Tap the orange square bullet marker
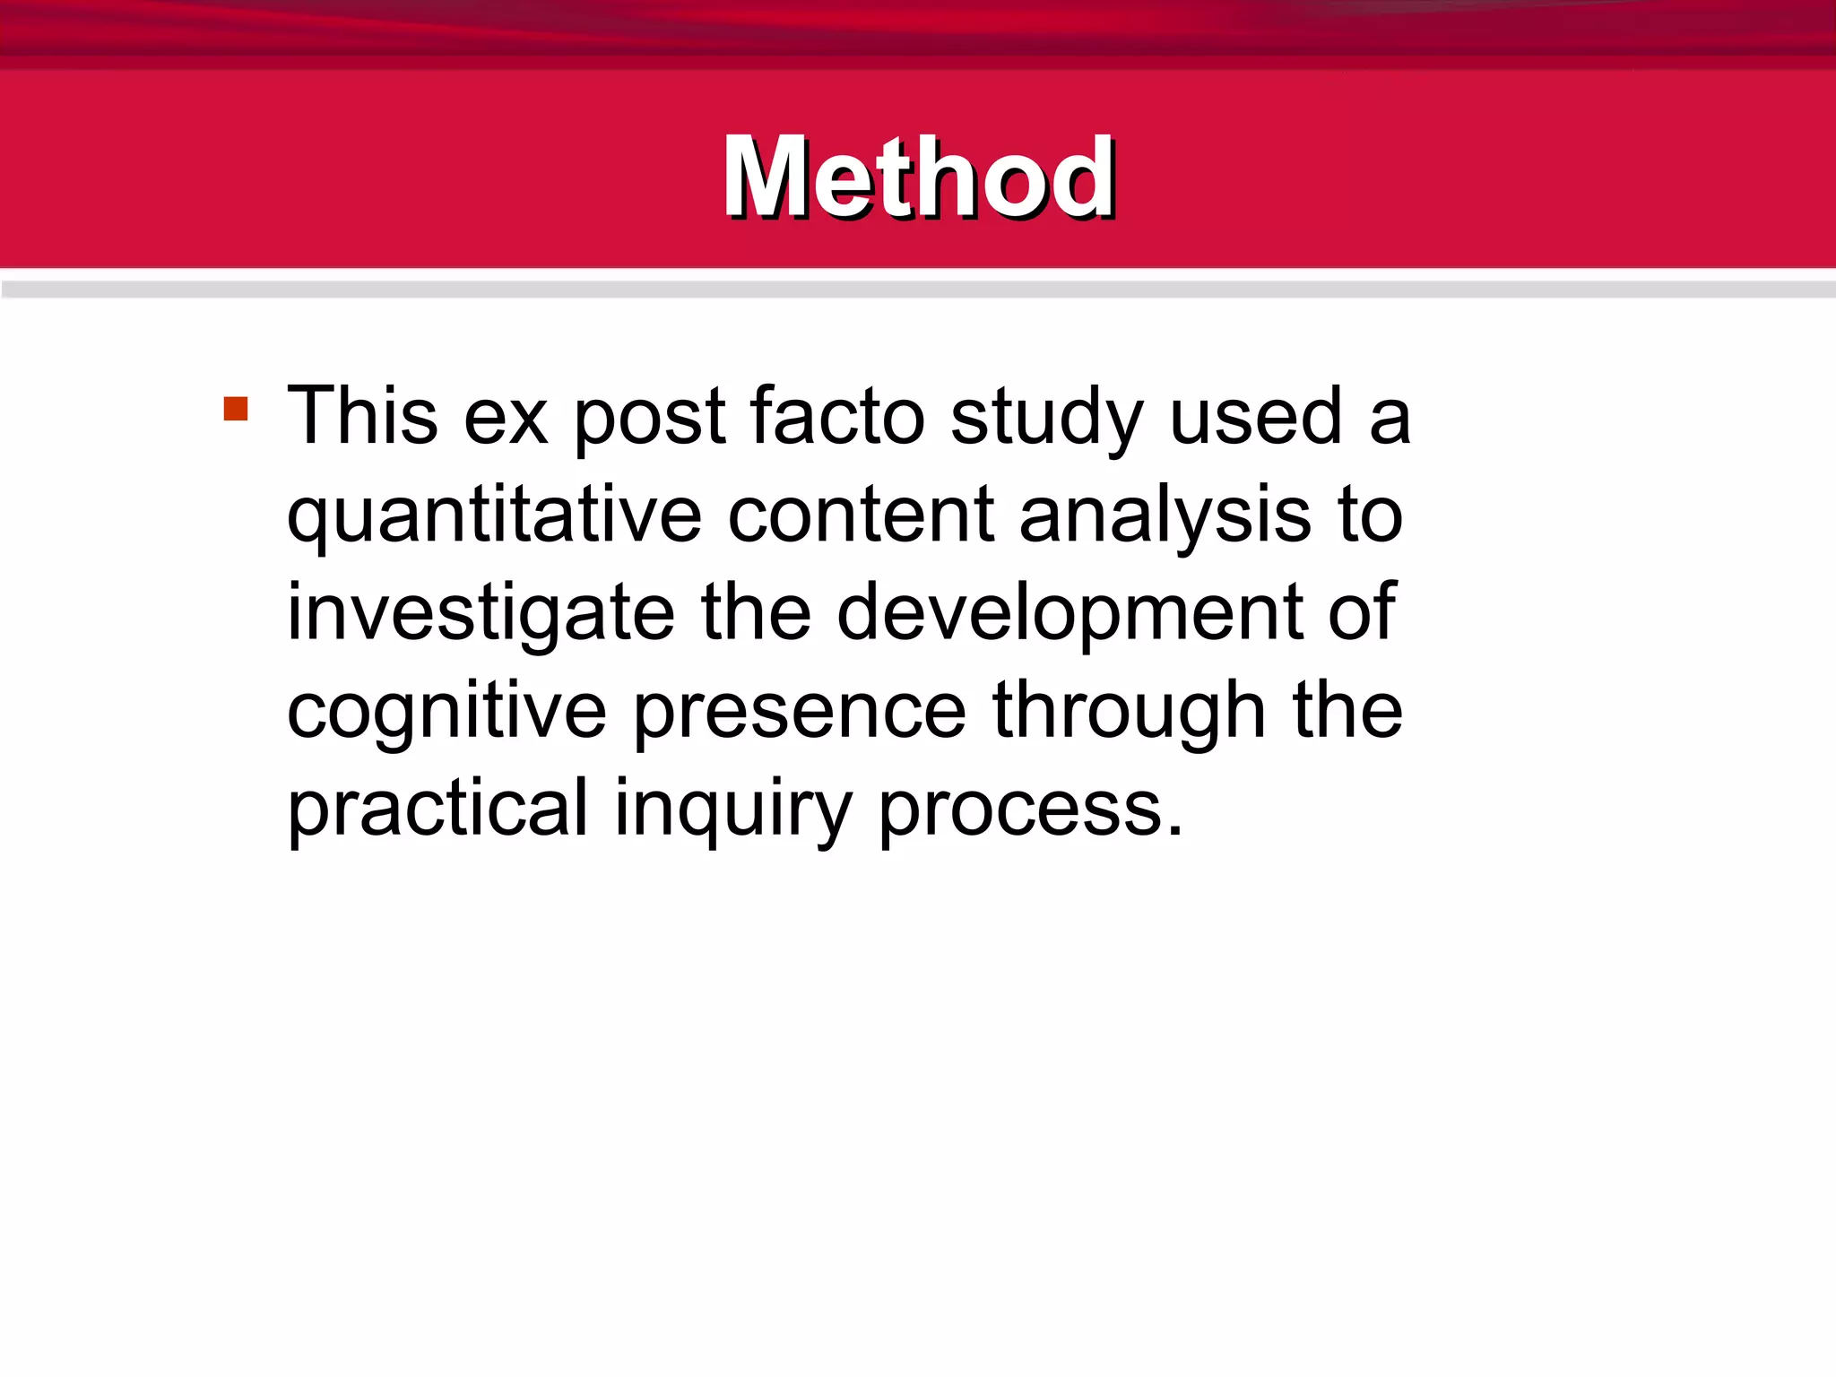pyautogui.click(x=236, y=410)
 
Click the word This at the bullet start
pyautogui.click(x=362, y=416)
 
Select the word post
pyautogui.click(x=649, y=420)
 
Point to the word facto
pyautogui.click(x=837, y=416)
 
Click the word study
pyautogui.click(x=1046, y=420)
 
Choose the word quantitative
pyautogui.click(x=494, y=516)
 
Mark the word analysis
pyautogui.click(x=1165, y=516)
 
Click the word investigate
pyautogui.click(x=481, y=614)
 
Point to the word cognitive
pyautogui.click(x=446, y=713)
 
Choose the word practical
pyautogui.click(x=437, y=810)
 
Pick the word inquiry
pyautogui.click(x=732, y=811)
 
